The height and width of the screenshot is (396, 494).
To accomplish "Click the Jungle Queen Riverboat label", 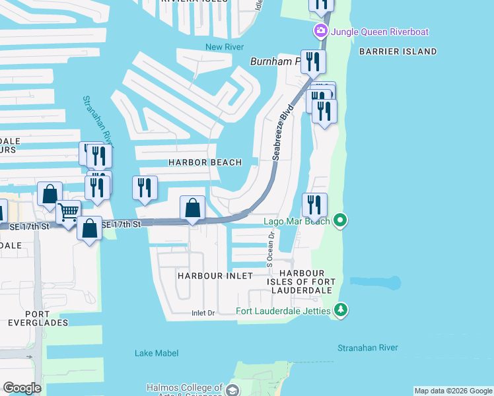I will (x=380, y=31).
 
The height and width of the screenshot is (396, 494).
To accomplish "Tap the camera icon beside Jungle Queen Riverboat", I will (x=321, y=31).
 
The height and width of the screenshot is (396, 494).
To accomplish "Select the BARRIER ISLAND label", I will (x=398, y=51).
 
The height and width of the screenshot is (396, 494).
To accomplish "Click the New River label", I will (x=225, y=47).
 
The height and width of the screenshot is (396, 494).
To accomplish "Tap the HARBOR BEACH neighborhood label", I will (x=204, y=162).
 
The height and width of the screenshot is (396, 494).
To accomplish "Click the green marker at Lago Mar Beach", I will (x=340, y=220).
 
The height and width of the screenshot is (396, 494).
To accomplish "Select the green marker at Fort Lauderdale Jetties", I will (x=340, y=310).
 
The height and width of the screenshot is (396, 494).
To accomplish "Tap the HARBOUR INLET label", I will (x=206, y=276).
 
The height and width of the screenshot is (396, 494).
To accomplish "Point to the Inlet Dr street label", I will (x=204, y=313).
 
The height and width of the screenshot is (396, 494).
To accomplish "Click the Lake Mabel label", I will (x=157, y=353).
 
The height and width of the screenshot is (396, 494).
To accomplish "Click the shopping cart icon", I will (x=69, y=213).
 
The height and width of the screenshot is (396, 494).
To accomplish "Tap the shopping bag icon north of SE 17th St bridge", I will (x=192, y=208).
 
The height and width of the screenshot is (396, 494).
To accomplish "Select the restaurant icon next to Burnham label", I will (x=312, y=62).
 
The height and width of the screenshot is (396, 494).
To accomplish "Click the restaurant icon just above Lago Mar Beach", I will (x=314, y=205).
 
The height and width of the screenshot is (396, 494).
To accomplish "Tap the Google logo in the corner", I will (x=22, y=388).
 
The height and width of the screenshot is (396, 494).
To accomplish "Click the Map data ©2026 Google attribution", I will (x=453, y=391).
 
